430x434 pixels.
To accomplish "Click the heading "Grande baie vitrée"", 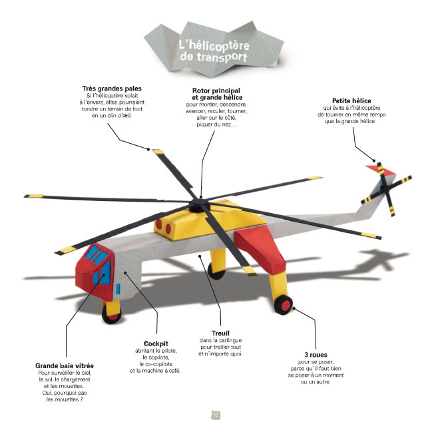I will [x=64, y=365].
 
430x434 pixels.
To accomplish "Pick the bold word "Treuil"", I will [x=220, y=333].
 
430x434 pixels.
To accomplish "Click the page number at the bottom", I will [x=215, y=415].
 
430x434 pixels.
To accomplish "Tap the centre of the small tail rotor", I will [x=385, y=188].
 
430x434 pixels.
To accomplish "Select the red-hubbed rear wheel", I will [x=284, y=306].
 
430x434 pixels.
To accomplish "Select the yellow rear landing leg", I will [x=275, y=280].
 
